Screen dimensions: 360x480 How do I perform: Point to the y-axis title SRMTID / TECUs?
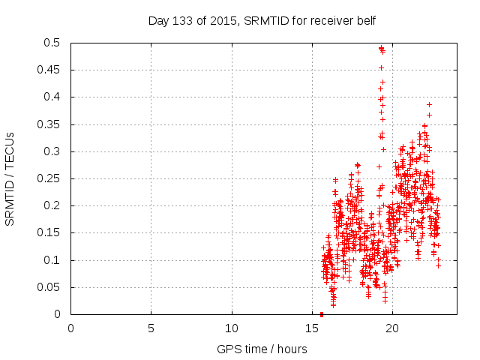(10, 178)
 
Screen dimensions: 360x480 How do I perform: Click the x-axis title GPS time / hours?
(262, 349)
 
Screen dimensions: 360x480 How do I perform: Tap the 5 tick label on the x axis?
(151, 327)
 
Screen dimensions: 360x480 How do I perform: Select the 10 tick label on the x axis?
(232, 327)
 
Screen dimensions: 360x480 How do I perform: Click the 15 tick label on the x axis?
(312, 327)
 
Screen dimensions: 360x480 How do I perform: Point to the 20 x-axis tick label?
(393, 327)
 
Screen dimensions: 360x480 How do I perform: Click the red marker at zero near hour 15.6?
(322, 314)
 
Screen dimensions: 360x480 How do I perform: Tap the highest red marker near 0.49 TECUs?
(381, 49)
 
